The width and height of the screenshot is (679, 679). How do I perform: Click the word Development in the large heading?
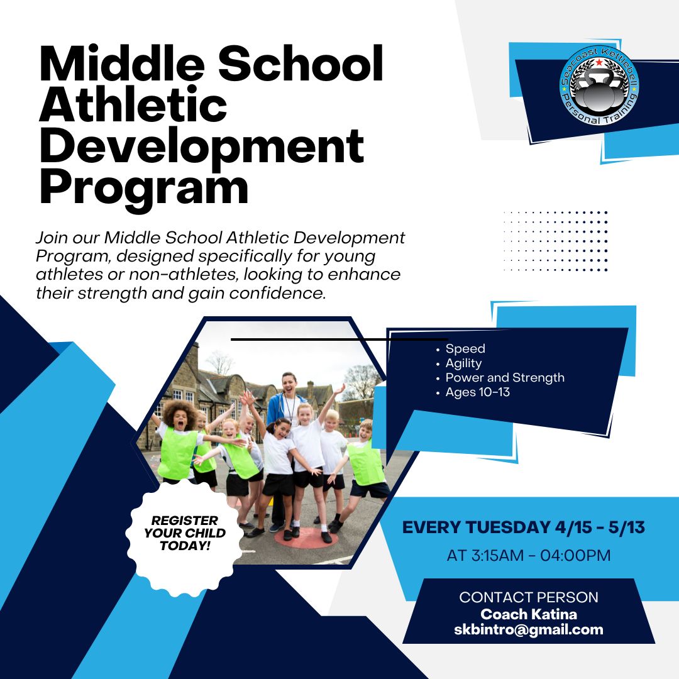click(x=201, y=146)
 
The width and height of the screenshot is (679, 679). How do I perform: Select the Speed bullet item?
click(x=465, y=349)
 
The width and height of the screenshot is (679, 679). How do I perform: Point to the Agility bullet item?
click(x=463, y=363)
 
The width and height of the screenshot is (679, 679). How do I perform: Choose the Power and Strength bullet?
click(x=505, y=378)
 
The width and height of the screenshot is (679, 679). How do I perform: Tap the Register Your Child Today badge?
click(x=185, y=533)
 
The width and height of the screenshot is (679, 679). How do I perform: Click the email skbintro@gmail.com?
click(x=528, y=629)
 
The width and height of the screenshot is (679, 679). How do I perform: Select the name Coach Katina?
click(x=528, y=614)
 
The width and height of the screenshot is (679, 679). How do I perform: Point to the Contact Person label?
click(x=528, y=597)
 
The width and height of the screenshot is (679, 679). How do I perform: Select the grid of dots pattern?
click(x=556, y=241)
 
